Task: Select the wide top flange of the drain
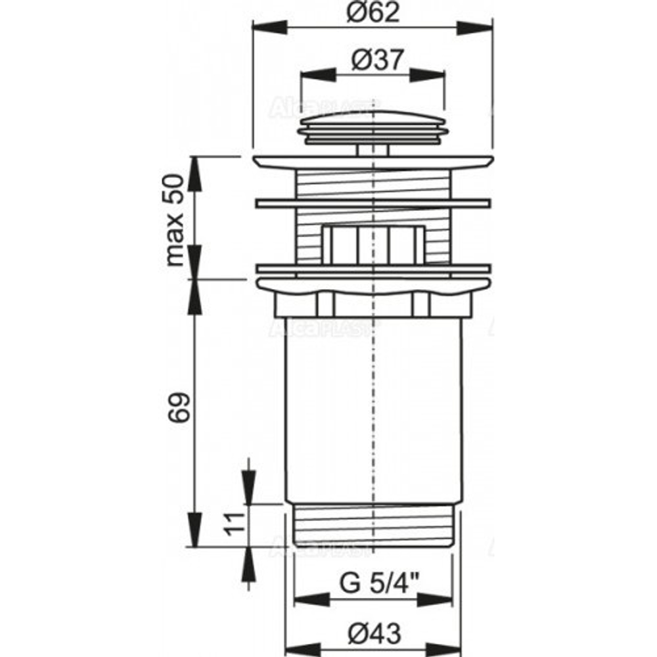click(x=373, y=162)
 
